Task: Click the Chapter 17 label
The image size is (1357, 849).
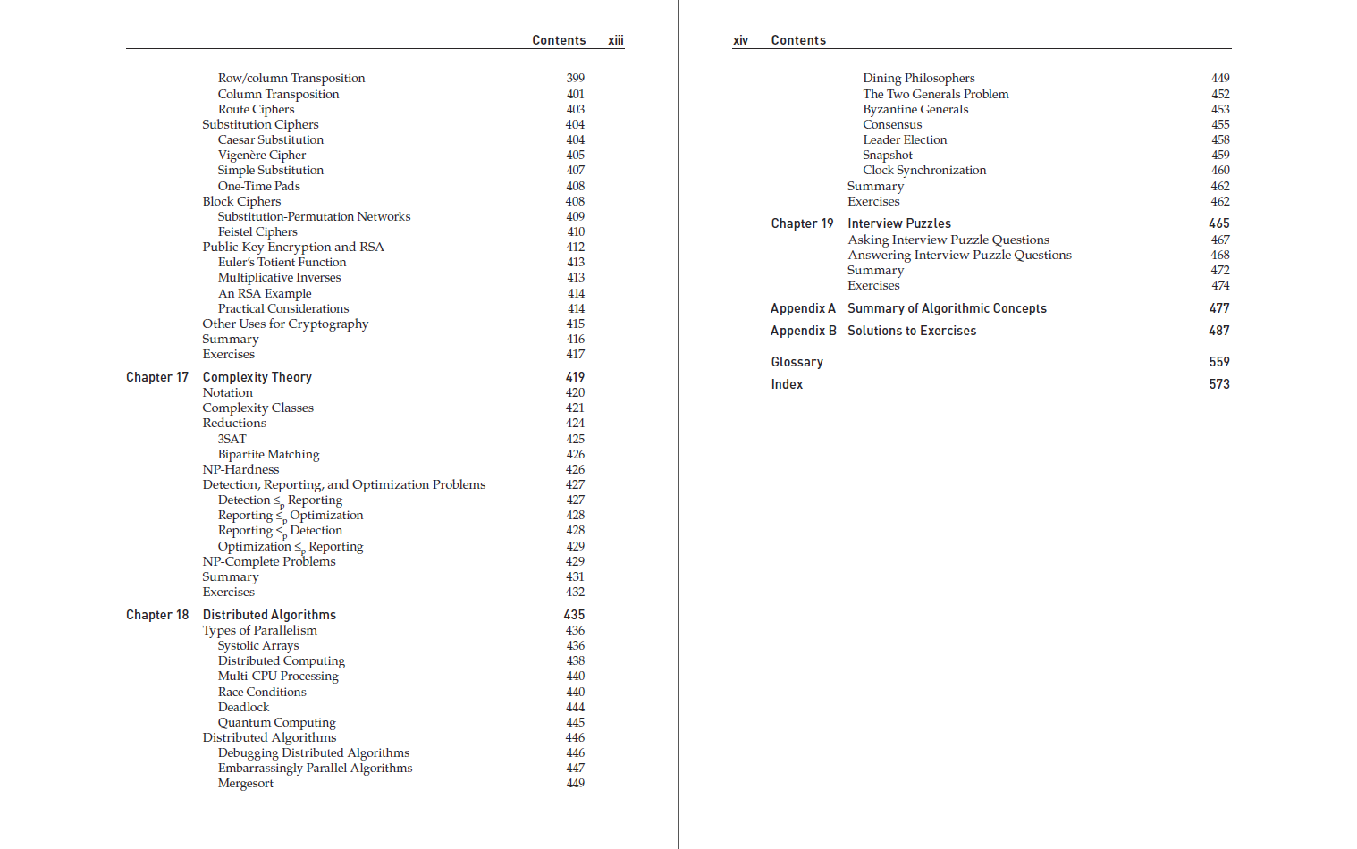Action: (157, 377)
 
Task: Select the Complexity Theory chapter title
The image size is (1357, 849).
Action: (257, 377)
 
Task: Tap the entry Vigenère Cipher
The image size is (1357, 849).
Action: (261, 155)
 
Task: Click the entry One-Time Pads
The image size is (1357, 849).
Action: (258, 186)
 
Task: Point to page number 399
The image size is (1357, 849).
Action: (575, 78)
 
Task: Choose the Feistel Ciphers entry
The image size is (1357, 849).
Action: (257, 231)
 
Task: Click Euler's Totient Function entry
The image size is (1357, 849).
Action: (282, 262)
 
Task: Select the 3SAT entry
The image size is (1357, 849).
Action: (232, 439)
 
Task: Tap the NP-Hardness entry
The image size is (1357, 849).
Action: (240, 469)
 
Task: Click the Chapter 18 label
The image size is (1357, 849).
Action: (157, 615)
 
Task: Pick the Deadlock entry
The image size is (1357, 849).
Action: (243, 707)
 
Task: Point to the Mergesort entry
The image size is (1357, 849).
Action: (245, 783)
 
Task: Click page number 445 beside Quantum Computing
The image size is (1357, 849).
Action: (575, 722)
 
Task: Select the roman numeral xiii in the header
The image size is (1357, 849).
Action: (615, 40)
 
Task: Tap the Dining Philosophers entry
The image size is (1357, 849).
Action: (918, 78)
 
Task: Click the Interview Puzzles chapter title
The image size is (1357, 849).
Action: (898, 223)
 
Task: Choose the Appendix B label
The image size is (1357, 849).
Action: (803, 331)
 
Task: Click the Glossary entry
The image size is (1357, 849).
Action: (796, 362)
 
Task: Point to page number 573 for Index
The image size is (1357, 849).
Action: (1218, 384)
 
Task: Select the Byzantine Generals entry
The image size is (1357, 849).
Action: (914, 109)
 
